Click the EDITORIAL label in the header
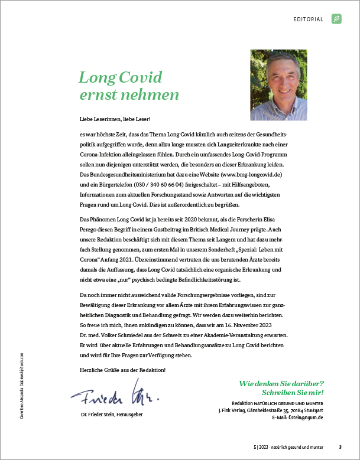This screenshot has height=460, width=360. (x=309, y=19)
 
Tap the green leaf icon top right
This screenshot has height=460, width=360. (x=336, y=19)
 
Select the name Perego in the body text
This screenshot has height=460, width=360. (x=92, y=230)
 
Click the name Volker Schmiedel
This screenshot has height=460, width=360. (x=126, y=335)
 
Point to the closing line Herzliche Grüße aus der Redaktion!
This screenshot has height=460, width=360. (x=122, y=370)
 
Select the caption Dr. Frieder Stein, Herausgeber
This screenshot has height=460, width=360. (x=112, y=414)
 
